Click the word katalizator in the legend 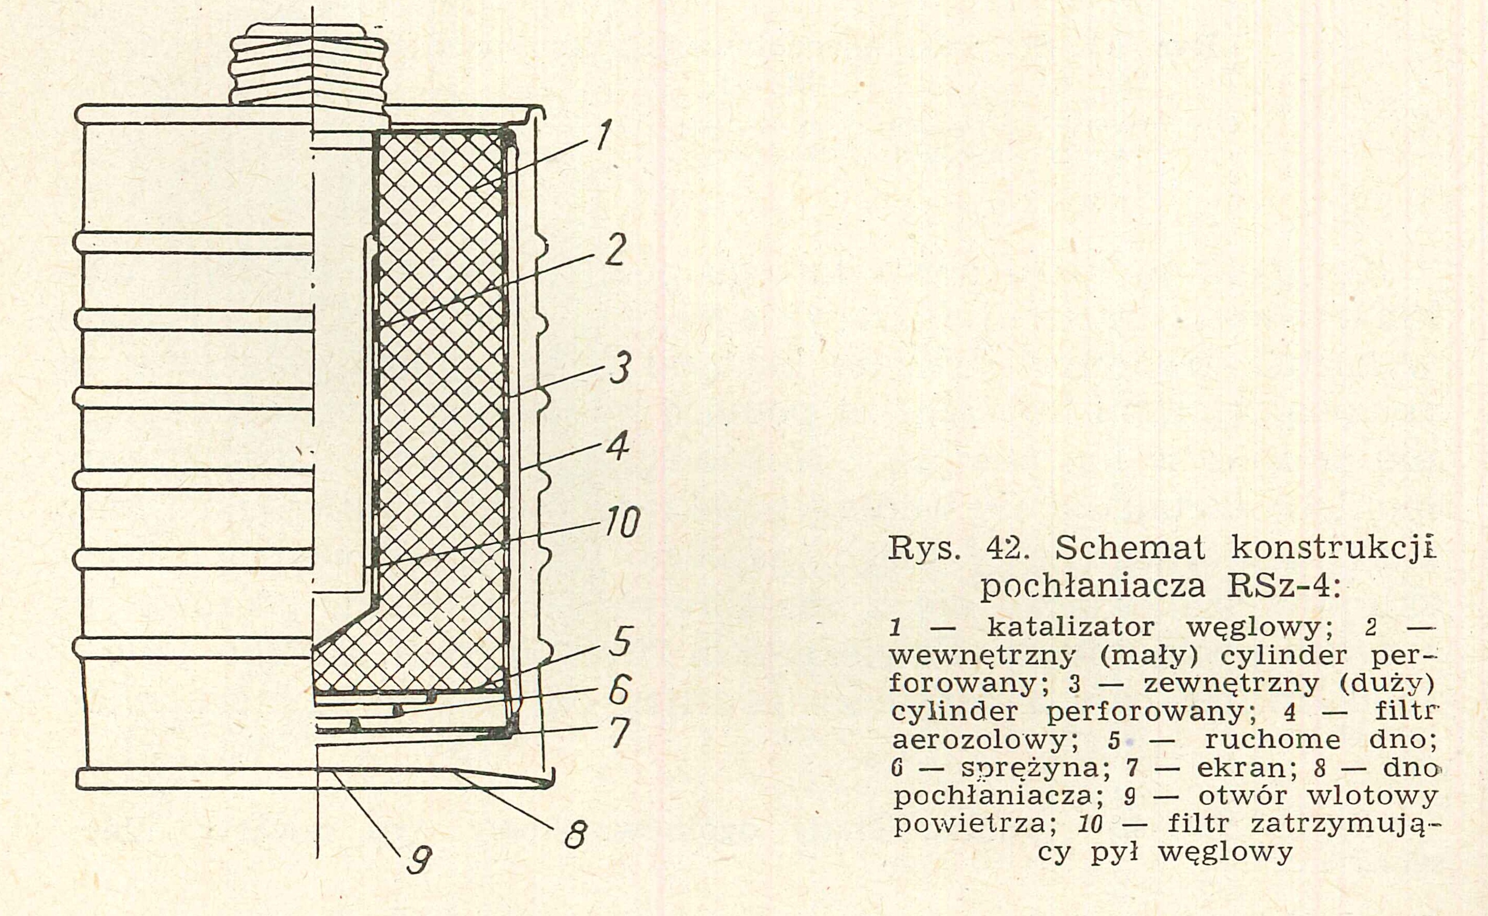click(x=1070, y=627)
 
